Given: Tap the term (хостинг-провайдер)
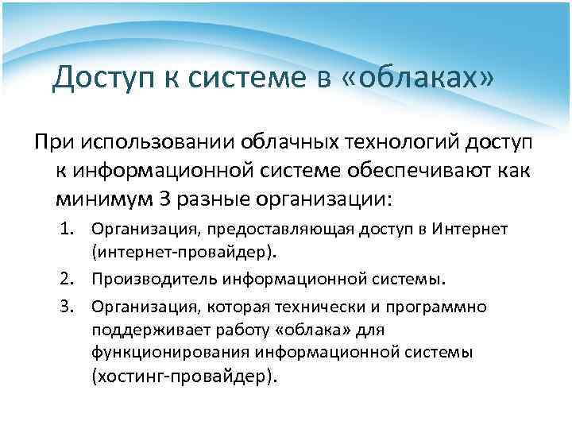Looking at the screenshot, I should point(184,376).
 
